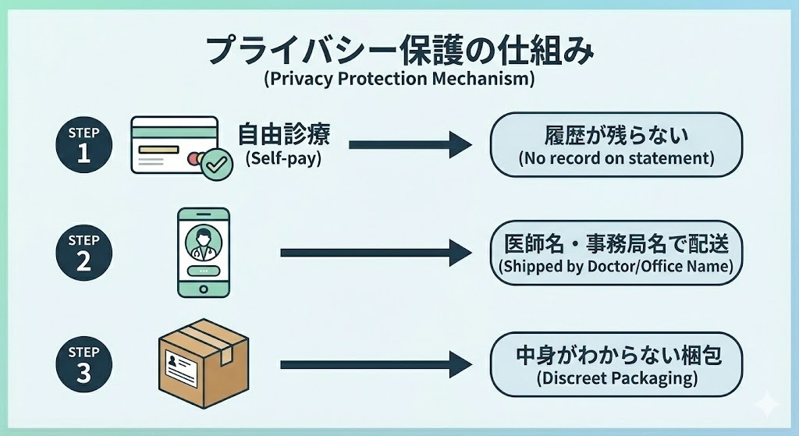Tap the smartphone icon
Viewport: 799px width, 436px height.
tap(204, 251)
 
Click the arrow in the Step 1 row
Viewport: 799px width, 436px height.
tap(410, 144)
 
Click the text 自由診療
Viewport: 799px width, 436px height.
tap(284, 135)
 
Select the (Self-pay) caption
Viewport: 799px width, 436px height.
tap(284, 159)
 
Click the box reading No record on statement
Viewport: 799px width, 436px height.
tap(616, 145)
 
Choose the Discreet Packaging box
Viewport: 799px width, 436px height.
tap(616, 364)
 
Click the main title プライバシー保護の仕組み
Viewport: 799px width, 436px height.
tap(399, 50)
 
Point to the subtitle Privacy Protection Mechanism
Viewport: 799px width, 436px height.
tap(399, 78)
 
